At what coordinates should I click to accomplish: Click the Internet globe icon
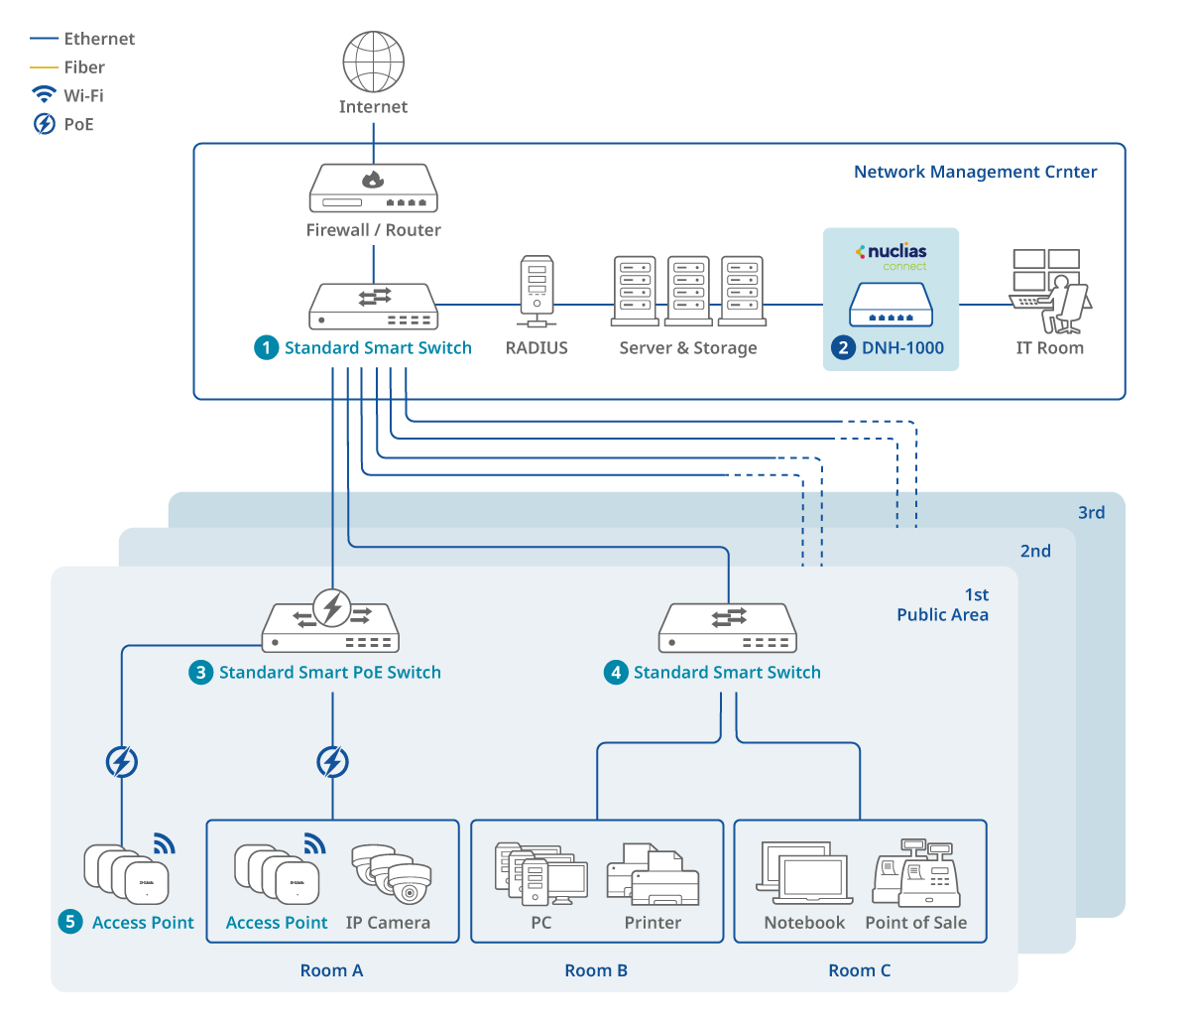373,62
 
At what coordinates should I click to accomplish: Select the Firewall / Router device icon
374,188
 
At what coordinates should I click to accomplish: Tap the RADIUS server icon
536,291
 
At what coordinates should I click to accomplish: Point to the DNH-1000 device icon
891,305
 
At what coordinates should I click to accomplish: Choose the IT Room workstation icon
1050,292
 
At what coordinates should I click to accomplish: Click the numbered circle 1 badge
266,347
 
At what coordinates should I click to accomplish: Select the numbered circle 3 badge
200,673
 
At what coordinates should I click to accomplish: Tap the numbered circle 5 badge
69,922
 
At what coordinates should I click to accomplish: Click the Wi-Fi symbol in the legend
44,94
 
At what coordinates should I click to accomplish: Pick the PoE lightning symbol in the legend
44,124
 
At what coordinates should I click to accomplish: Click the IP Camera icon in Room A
393,873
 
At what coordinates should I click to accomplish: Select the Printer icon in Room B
653,874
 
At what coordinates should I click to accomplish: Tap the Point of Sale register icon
915,874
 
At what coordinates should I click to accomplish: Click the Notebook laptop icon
804,874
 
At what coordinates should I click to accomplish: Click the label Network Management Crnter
975,172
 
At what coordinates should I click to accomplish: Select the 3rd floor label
1091,513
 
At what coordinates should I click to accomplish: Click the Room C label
860,970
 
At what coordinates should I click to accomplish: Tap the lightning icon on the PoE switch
332,606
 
